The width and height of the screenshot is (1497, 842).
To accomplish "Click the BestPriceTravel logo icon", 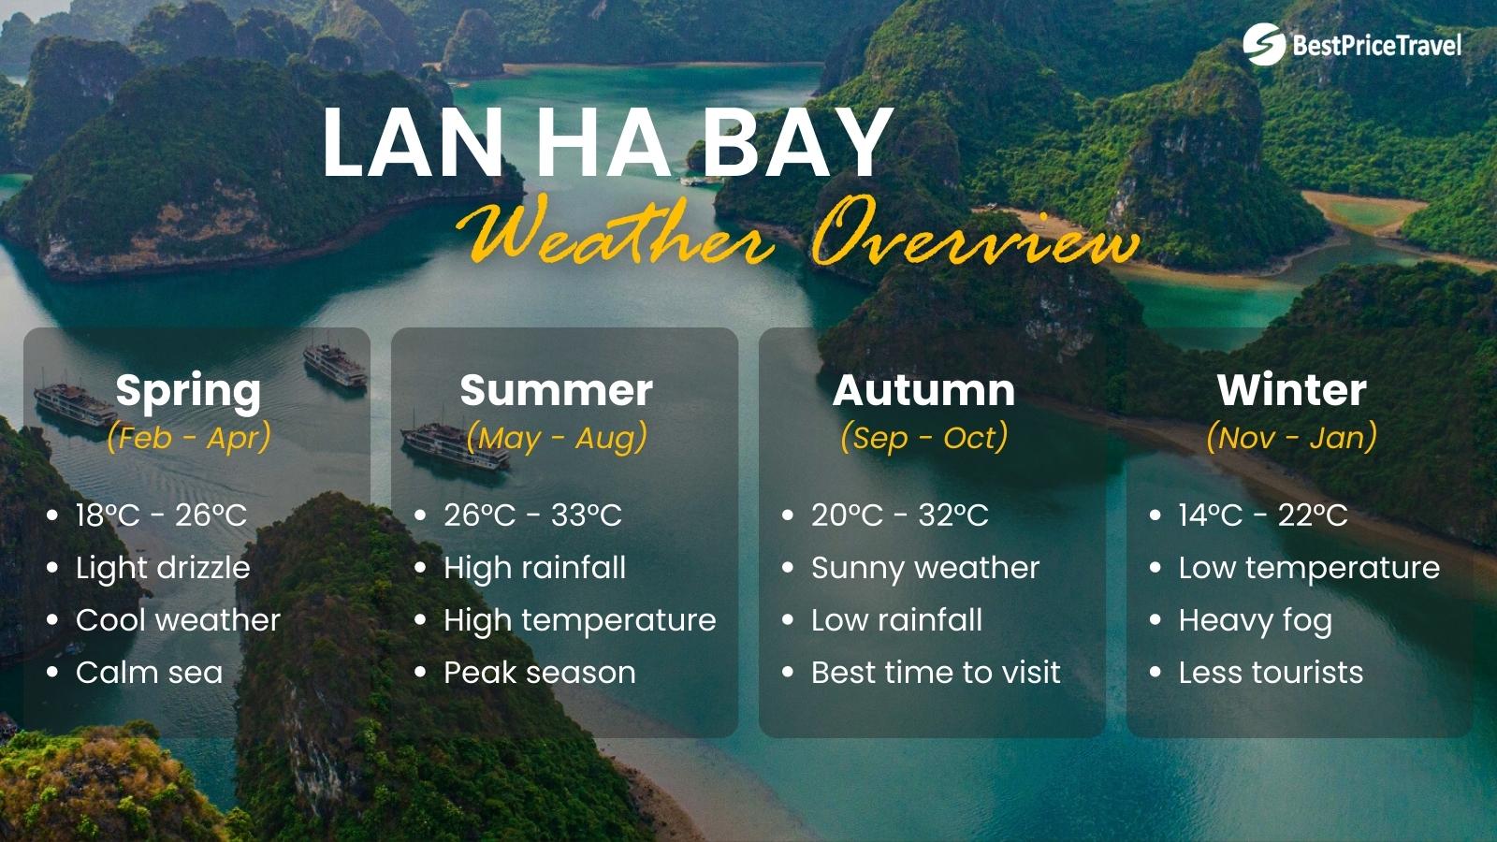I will click(1264, 44).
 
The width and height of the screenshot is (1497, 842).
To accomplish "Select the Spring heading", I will click(188, 391).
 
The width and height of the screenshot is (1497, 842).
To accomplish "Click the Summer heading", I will click(556, 391).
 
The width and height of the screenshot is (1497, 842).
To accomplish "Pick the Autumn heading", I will click(923, 391).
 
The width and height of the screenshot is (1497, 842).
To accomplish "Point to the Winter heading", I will click(1291, 391).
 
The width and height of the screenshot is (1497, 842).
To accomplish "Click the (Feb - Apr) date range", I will click(188, 438).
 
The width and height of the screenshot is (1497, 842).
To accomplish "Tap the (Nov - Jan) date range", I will click(1291, 438).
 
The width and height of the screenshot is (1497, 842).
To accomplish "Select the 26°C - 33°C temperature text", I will click(532, 515).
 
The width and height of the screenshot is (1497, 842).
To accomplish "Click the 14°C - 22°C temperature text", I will click(1263, 515).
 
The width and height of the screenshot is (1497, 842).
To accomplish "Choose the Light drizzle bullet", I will click(163, 568).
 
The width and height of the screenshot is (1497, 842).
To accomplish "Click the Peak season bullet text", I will click(540, 673).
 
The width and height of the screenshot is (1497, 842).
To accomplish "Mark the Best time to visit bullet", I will click(936, 673).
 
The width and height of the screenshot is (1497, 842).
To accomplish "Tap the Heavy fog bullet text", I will click(1255, 620).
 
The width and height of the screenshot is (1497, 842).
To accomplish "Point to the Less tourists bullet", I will click(1271, 673).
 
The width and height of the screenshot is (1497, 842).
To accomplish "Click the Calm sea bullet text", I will click(150, 673).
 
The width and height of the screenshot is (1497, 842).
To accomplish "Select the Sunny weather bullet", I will click(925, 568).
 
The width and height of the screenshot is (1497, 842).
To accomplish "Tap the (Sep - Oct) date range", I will click(923, 438).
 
